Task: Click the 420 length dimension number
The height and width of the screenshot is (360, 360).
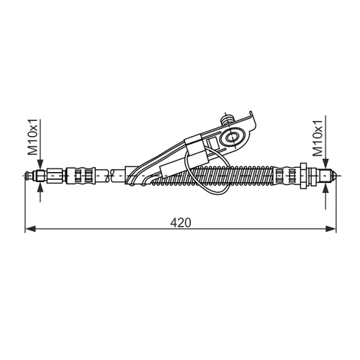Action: coord(181,222)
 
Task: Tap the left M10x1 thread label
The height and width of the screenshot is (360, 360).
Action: coord(33,137)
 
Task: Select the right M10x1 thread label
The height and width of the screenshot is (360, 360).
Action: coord(318,138)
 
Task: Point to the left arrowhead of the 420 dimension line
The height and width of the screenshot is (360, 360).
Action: coord(30,229)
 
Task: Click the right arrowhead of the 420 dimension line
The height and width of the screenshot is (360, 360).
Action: coord(330,229)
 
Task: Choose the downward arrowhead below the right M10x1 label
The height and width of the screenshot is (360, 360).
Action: coord(325,164)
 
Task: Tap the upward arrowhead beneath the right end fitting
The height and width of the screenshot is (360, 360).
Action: coord(325,189)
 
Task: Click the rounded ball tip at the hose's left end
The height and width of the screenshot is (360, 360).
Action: coord(28,176)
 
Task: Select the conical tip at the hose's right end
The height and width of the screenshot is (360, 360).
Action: coord(333,176)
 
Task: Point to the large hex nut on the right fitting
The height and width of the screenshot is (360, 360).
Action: coord(303,176)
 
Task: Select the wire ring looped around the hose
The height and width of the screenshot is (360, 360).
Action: coord(207,170)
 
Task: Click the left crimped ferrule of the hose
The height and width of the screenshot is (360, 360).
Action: coord(81,176)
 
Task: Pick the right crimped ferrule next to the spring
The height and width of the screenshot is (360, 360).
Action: coord(287,176)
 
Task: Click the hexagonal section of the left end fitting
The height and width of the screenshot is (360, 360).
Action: coord(55,176)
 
